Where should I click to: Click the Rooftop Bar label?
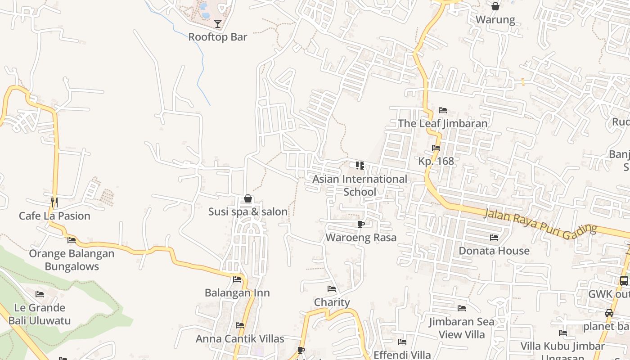(218, 37)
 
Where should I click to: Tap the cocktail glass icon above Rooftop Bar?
(218, 23)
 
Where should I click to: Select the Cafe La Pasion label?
(54, 216)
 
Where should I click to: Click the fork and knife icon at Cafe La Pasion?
(54, 202)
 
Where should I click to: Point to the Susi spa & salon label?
(248, 211)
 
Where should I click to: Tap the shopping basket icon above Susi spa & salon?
(248, 198)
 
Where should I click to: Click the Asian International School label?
(360, 185)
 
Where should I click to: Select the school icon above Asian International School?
(360, 166)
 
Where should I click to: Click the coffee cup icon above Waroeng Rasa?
(360, 224)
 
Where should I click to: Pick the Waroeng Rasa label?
(361, 237)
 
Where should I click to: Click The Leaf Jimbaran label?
(443, 123)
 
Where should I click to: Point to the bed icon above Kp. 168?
(436, 148)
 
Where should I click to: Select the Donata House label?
(494, 251)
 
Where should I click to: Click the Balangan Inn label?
(237, 292)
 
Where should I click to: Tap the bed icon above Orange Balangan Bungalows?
(72, 240)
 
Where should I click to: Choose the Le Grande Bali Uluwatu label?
(40, 314)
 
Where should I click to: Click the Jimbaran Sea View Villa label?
(462, 328)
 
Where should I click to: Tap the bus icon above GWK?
(624, 281)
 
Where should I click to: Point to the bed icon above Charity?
(332, 289)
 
